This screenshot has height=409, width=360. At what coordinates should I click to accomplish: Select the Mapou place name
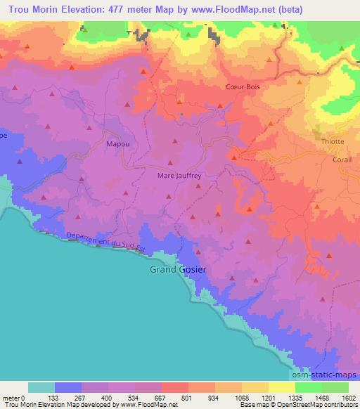(117, 145)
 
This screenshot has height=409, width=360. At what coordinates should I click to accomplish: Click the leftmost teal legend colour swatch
(41, 387)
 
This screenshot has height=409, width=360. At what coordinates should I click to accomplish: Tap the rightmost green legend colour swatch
(335, 387)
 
